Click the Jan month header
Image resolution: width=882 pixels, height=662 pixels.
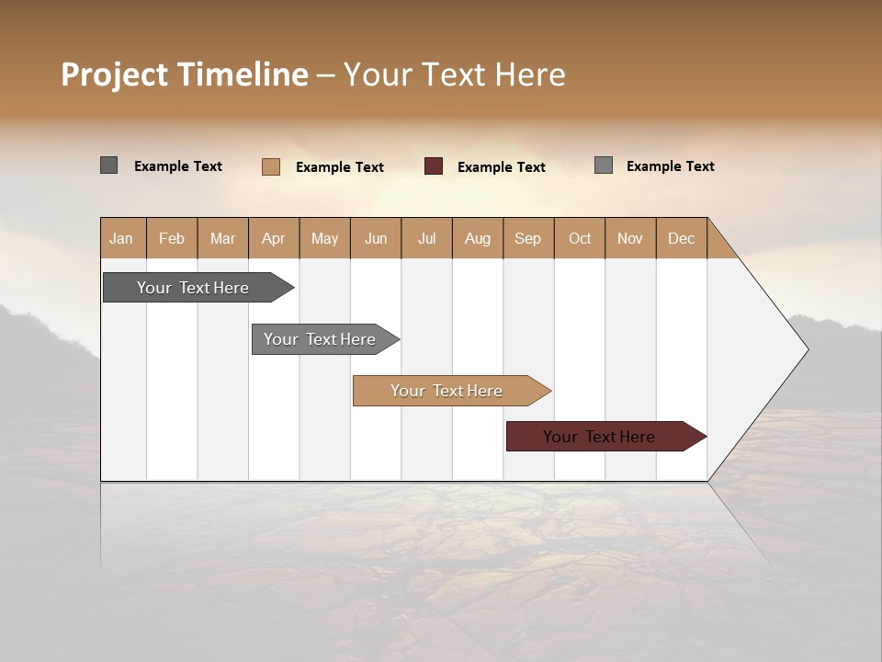pos(121,238)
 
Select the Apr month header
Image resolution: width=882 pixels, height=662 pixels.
pos(273,238)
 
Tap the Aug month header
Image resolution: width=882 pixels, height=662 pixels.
pos(477,238)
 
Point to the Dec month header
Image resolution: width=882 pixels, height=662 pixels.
pos(681,238)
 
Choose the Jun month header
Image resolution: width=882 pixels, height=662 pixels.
pos(375,238)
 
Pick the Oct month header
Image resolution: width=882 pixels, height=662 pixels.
pos(579,238)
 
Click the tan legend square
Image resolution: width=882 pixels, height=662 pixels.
pos(270,166)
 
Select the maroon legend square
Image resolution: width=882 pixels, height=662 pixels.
pos(434,166)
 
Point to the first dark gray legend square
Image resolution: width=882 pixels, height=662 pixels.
pos(108,165)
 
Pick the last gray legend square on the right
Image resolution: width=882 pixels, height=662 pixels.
pos(603,165)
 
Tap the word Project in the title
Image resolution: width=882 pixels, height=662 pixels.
pos(114,74)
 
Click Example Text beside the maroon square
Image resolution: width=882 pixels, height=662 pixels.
pos(501,167)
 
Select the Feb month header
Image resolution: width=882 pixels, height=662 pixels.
pos(172,238)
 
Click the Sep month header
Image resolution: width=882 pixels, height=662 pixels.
pos(527,238)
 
